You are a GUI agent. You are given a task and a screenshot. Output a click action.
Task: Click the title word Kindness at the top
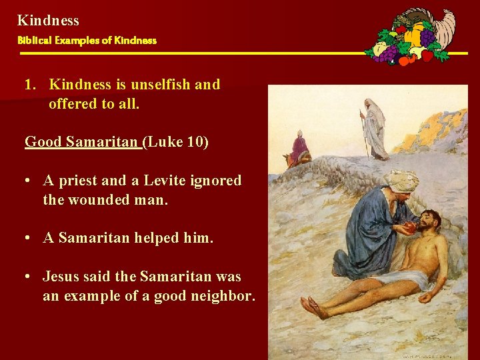(x=48, y=21)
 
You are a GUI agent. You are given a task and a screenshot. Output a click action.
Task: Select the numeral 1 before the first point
(x=29, y=85)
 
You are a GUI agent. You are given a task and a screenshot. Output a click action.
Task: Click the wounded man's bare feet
(x=313, y=308)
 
